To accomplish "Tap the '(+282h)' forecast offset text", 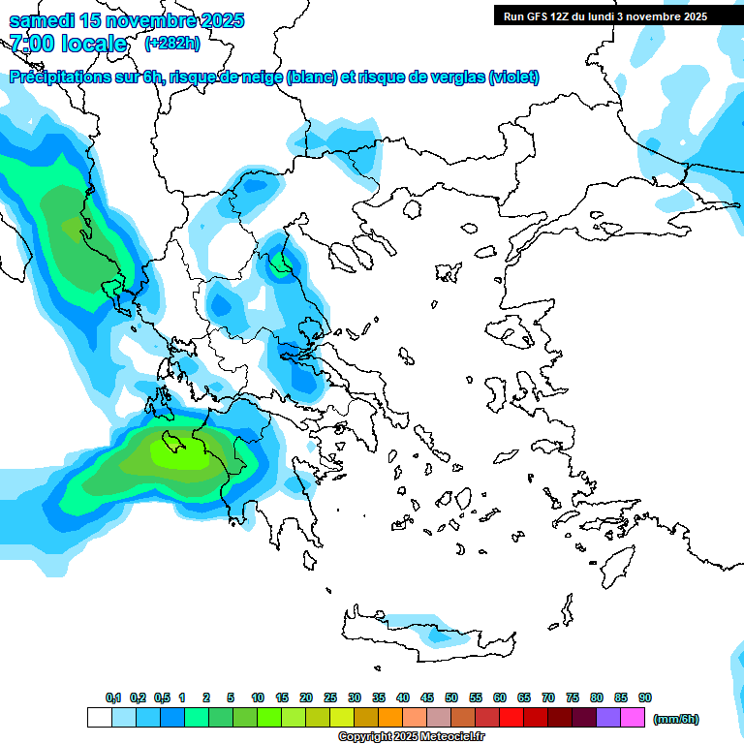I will (172, 44).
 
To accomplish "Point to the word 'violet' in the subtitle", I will (513, 77).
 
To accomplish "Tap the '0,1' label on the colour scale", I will (113, 697).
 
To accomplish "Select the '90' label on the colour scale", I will (645, 697).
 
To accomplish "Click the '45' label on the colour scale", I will (427, 697).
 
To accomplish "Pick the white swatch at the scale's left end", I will (99, 718).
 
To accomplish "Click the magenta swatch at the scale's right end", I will (633, 718).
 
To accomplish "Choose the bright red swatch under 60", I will (511, 718).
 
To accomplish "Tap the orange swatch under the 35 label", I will (390, 718).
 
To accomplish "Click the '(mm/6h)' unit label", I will (676, 719).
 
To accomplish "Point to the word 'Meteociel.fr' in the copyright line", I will (439, 737).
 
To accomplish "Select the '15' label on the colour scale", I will (282, 697).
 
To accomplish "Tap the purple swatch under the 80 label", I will (608, 718).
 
